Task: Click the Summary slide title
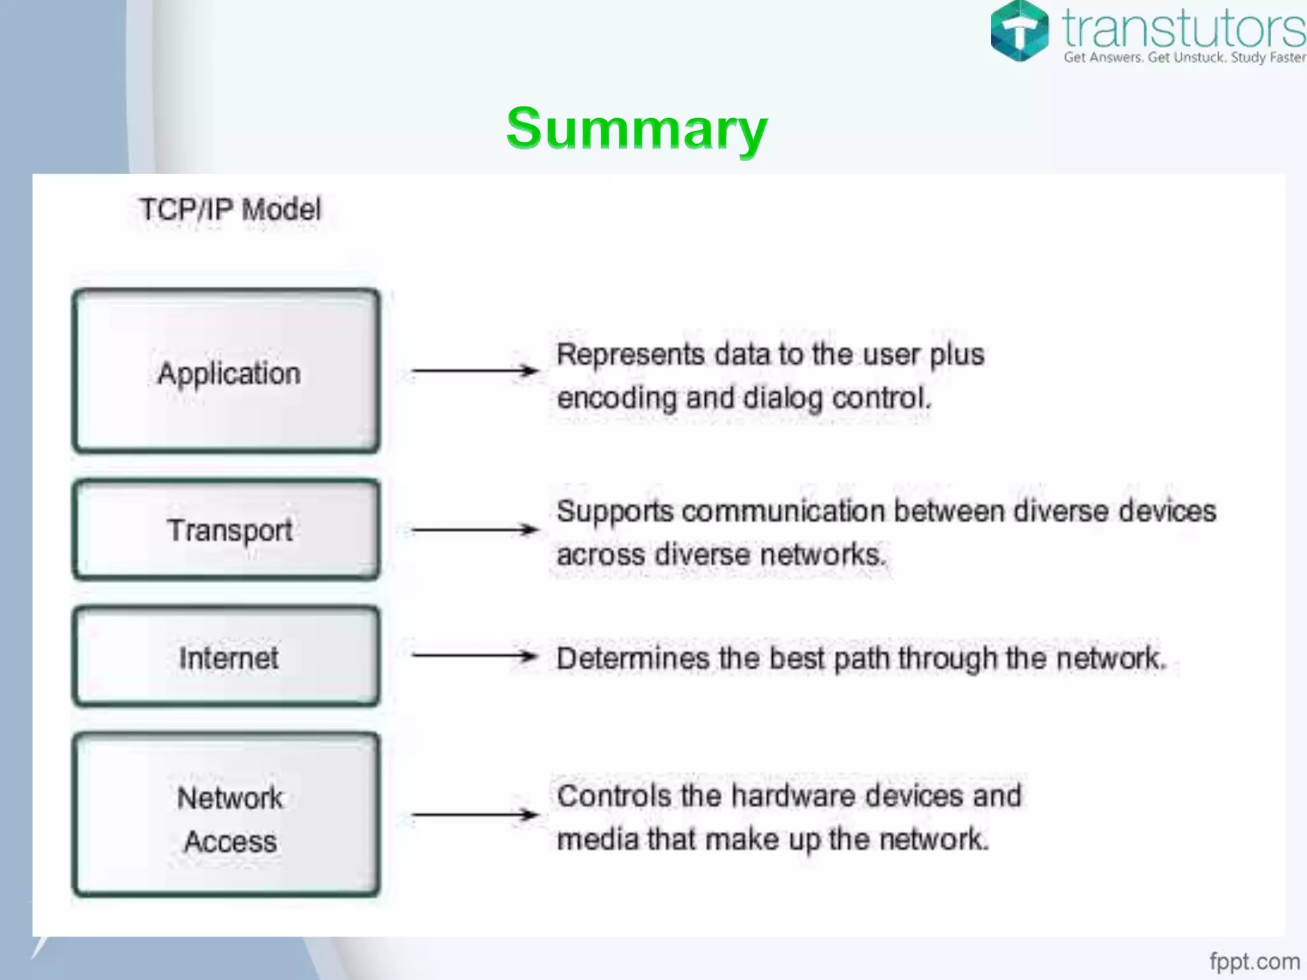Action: pyautogui.click(x=637, y=129)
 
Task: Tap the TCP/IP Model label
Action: pyautogui.click(x=230, y=210)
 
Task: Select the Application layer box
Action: pyautogui.click(x=227, y=371)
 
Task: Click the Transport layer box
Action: pyautogui.click(x=227, y=530)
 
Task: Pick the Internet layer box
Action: pyautogui.click(x=227, y=657)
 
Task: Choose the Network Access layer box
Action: pyautogui.click(x=227, y=815)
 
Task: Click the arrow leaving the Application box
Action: pyautogui.click(x=475, y=370)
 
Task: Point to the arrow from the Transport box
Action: pyautogui.click(x=475, y=530)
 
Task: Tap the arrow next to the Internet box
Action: pyautogui.click(x=475, y=656)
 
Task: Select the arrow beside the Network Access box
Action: pyautogui.click(x=475, y=815)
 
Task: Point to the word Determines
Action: pyautogui.click(x=632, y=658)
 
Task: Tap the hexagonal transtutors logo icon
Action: pyautogui.click(x=1019, y=31)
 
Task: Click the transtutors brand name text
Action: pyautogui.click(x=1184, y=28)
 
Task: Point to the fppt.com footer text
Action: pyautogui.click(x=1255, y=961)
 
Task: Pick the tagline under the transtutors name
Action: pyautogui.click(x=1184, y=57)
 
